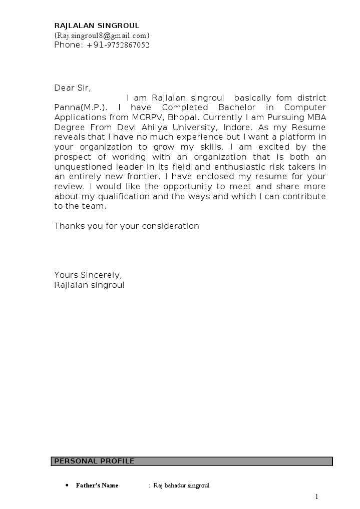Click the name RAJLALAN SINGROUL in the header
tap(97, 26)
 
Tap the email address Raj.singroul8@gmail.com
tap(102, 36)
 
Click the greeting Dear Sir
tap(72, 88)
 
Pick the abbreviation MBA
tap(315, 118)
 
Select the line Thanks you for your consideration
tap(126, 226)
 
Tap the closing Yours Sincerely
tap(88, 275)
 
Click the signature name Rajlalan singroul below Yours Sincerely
tap(89, 285)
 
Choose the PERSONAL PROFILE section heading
tap(94, 461)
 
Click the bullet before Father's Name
tap(67, 485)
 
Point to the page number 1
tap(316, 496)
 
